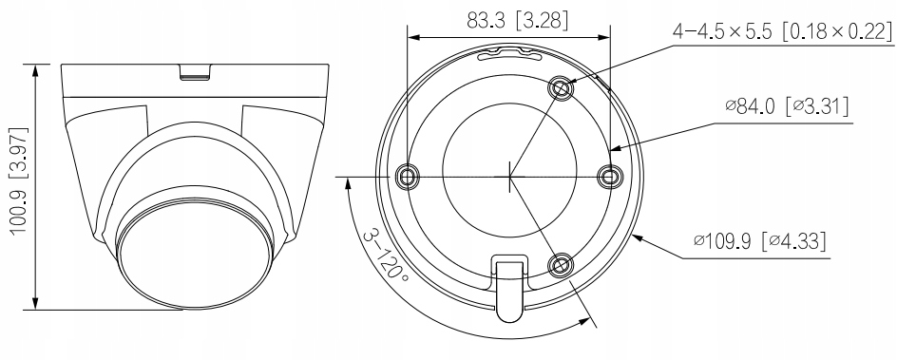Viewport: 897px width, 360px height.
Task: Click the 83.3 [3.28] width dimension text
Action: pyautogui.click(x=517, y=21)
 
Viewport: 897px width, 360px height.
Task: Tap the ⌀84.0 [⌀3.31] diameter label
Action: pyautogui.click(x=787, y=106)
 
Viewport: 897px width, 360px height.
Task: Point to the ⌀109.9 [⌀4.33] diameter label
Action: pyautogui.click(x=760, y=240)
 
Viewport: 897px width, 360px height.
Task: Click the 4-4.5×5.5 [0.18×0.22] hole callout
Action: pyautogui.click(x=782, y=30)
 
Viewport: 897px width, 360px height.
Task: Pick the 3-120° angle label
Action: pyautogui.click(x=384, y=256)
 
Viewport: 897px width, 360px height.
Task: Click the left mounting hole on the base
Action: pyautogui.click(x=407, y=176)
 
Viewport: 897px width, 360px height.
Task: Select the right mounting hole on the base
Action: pyautogui.click(x=609, y=176)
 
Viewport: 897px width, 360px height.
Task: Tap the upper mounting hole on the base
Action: pyautogui.click(x=560, y=88)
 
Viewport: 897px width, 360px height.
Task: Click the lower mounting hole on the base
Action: pyautogui.click(x=560, y=265)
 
